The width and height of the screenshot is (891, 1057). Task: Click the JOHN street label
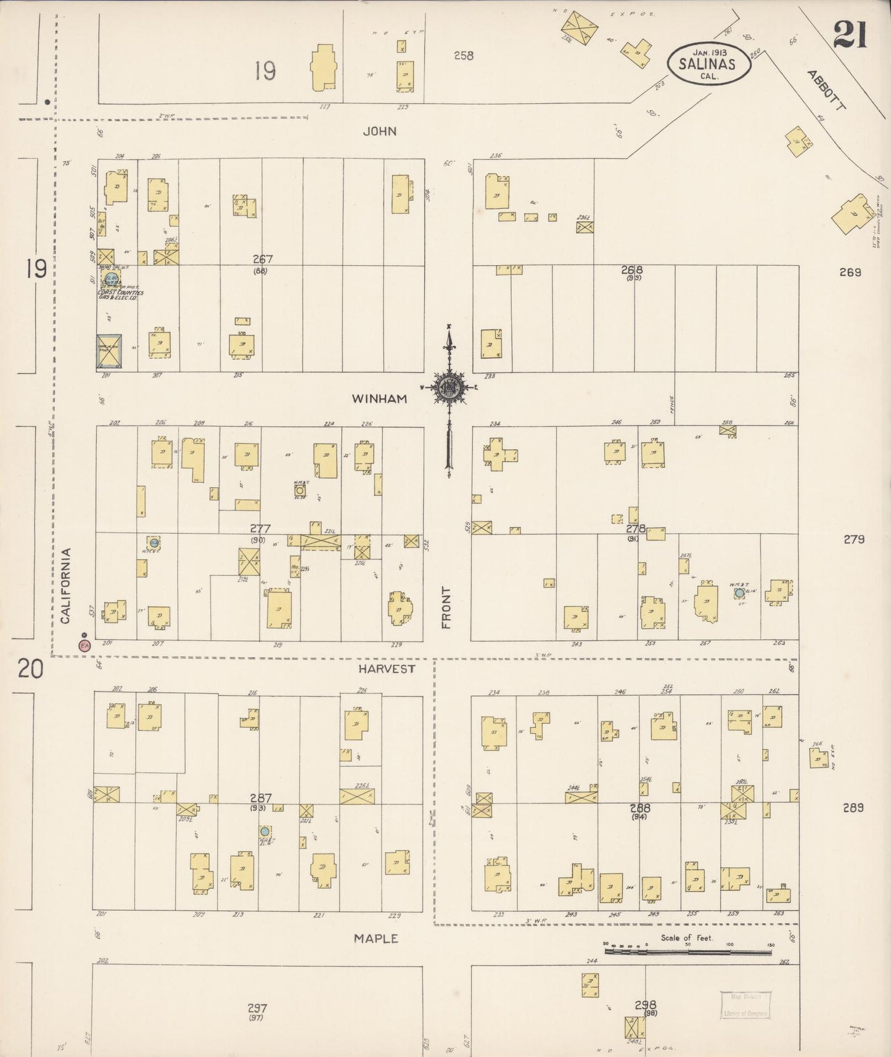379,131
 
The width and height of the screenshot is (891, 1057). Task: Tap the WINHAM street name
379,399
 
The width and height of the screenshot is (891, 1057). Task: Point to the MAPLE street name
376,939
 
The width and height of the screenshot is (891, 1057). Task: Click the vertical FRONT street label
446,607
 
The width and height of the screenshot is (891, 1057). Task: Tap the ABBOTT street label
826,90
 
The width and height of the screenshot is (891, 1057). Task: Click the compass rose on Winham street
448,388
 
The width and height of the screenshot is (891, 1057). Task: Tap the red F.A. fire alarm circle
84,645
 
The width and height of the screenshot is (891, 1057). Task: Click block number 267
261,260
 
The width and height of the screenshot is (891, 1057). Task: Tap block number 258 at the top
464,56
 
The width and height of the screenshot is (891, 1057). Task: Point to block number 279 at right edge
853,539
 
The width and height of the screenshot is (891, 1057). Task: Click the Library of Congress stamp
745,1005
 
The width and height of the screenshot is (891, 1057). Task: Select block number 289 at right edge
853,807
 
